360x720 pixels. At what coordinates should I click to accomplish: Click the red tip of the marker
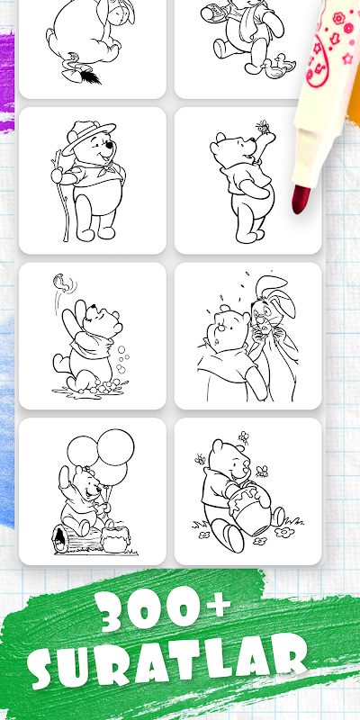pyautogui.click(x=301, y=199)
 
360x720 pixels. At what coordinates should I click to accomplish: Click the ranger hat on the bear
pyautogui.click(x=88, y=136)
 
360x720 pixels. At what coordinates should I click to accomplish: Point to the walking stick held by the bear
pyautogui.click(x=62, y=194)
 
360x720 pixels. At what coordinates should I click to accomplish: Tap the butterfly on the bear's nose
pyautogui.click(x=263, y=125)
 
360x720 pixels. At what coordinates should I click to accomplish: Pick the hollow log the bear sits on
pyautogui.click(x=77, y=539)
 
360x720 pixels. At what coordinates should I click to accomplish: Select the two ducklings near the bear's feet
pyautogui.click(x=276, y=66)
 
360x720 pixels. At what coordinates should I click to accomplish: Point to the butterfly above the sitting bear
pyautogui.click(x=62, y=282)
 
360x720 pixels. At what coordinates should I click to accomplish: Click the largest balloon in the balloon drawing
pyautogui.click(x=116, y=446)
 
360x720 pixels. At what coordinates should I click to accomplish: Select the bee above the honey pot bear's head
pyautogui.click(x=243, y=437)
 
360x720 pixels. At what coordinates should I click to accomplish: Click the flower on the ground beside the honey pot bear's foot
pyautogui.click(x=284, y=532)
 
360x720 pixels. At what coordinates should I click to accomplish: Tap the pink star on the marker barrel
pyautogui.click(x=347, y=58)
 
